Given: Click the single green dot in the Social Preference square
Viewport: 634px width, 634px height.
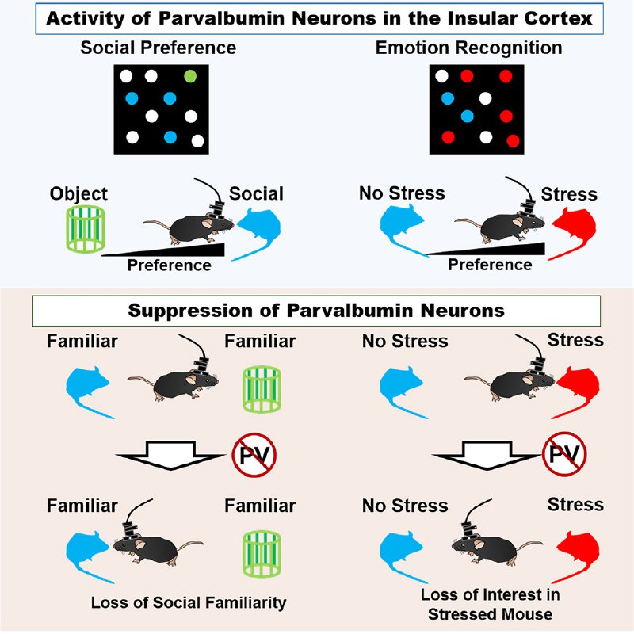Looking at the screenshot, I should pyautogui.click(x=190, y=77).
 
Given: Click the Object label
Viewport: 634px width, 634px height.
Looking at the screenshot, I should pyautogui.click(x=77, y=193).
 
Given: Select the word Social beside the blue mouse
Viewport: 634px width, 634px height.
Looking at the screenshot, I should pyautogui.click(x=256, y=193).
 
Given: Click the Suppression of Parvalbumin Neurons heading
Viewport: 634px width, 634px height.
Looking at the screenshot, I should pyautogui.click(x=317, y=310).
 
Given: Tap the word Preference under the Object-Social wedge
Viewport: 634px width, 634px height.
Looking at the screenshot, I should pyautogui.click(x=170, y=265).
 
